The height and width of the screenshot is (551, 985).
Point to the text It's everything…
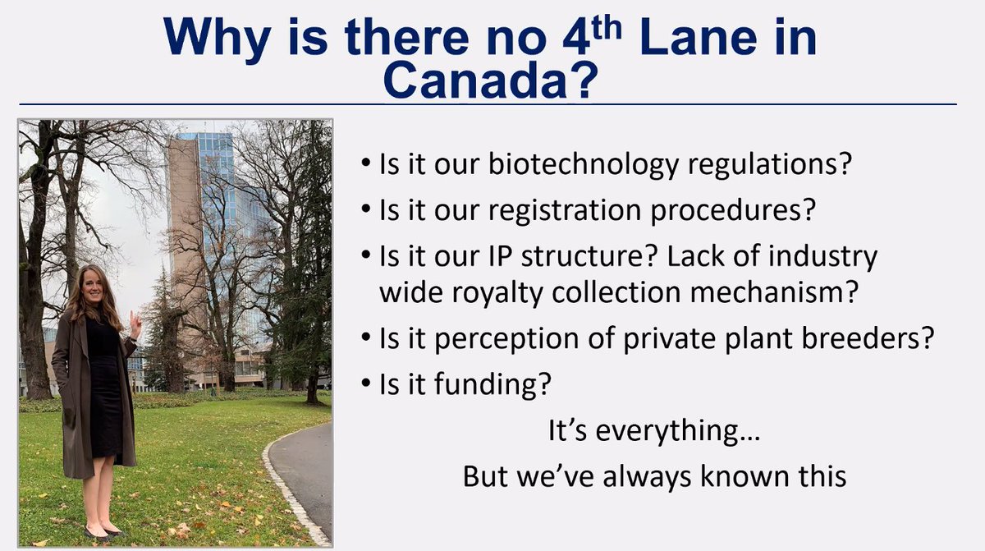653,431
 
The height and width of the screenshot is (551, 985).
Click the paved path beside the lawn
304,476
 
